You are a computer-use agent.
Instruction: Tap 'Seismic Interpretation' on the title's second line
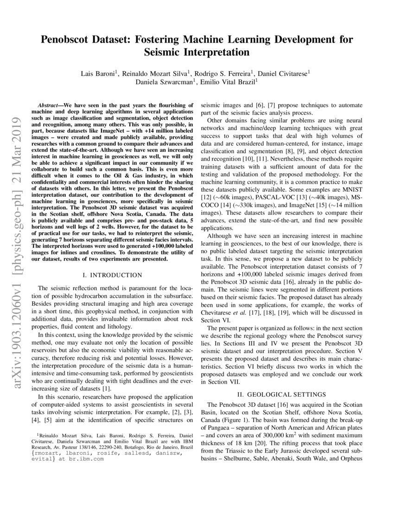tap(197, 52)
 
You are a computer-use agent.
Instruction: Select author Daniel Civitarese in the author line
tap(283, 73)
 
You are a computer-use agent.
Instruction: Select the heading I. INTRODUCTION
tap(112, 275)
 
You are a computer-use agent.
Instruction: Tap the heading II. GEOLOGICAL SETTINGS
tap(282, 394)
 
